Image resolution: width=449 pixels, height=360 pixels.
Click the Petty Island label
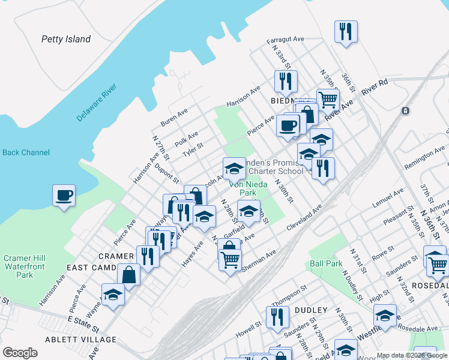click(66, 40)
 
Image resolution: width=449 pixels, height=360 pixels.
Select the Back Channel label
click(26, 152)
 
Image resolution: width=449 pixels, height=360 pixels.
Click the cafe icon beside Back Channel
click(64, 195)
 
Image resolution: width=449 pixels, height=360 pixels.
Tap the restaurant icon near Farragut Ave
click(346, 31)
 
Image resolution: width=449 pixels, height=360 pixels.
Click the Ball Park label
click(326, 263)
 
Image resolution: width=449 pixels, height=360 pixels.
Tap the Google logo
click(20, 352)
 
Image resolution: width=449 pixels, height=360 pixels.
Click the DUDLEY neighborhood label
click(310, 310)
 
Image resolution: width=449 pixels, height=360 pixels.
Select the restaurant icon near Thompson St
click(277, 316)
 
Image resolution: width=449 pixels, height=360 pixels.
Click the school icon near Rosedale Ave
click(385, 315)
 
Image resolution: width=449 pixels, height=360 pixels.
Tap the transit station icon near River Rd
click(406, 110)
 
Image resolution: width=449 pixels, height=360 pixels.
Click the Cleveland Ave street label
click(304, 218)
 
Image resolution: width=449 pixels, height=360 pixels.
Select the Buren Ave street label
click(174, 118)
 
